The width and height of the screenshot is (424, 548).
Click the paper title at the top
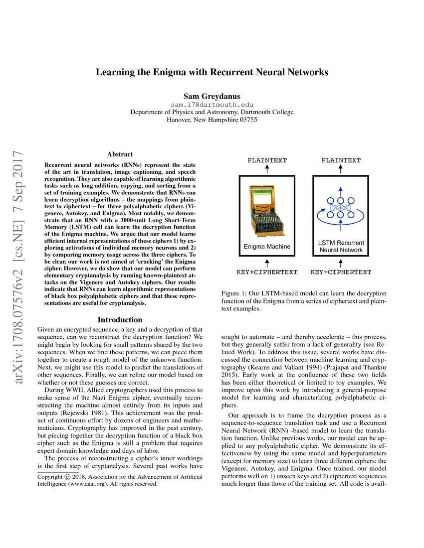(x=212, y=72)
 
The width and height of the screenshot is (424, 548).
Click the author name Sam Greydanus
(x=212, y=96)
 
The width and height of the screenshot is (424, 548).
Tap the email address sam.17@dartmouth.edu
(x=212, y=105)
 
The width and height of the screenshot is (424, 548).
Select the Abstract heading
(x=120, y=154)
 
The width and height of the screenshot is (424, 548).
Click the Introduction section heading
(x=120, y=320)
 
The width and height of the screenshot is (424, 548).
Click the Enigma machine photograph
(x=267, y=209)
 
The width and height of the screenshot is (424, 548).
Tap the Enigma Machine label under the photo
(x=267, y=247)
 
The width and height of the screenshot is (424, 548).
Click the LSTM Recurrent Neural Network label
(x=341, y=246)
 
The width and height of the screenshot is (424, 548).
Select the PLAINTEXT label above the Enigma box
(x=267, y=160)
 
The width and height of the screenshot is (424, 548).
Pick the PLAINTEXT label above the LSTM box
(x=341, y=160)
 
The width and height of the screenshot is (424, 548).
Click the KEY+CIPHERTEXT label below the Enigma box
(x=267, y=272)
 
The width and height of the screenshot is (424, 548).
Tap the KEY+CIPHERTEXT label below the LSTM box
(x=341, y=272)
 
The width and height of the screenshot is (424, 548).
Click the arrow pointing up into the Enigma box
(x=267, y=262)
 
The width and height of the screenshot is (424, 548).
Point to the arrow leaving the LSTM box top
(x=341, y=170)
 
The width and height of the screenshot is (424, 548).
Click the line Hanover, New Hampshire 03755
(x=212, y=120)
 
